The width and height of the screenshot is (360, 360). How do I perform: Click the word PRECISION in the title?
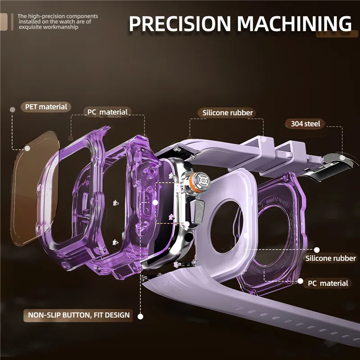[x=180, y=24]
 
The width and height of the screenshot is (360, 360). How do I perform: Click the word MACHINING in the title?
[x=294, y=23]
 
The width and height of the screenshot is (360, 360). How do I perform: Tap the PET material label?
[x=46, y=107]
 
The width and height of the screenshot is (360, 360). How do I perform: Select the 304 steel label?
[x=305, y=124]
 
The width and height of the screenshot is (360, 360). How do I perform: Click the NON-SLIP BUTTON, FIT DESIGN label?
[x=78, y=315]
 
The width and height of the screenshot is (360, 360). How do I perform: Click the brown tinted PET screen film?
[x=35, y=188]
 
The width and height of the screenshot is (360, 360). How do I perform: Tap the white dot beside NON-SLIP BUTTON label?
[x=140, y=316]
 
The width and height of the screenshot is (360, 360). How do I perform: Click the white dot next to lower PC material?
[x=300, y=281]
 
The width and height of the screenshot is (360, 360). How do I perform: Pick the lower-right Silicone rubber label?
[x=330, y=258]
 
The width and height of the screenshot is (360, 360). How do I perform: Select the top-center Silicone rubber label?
[x=227, y=113]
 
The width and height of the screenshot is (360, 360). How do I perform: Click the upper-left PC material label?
[x=108, y=112]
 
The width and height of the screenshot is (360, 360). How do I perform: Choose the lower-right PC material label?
[x=328, y=283]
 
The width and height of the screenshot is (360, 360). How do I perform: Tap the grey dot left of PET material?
[x=13, y=110]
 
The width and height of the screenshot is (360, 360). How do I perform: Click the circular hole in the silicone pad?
[x=227, y=227]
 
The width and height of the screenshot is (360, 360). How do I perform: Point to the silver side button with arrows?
[x=197, y=211]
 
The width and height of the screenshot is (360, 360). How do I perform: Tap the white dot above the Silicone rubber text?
[x=317, y=250]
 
